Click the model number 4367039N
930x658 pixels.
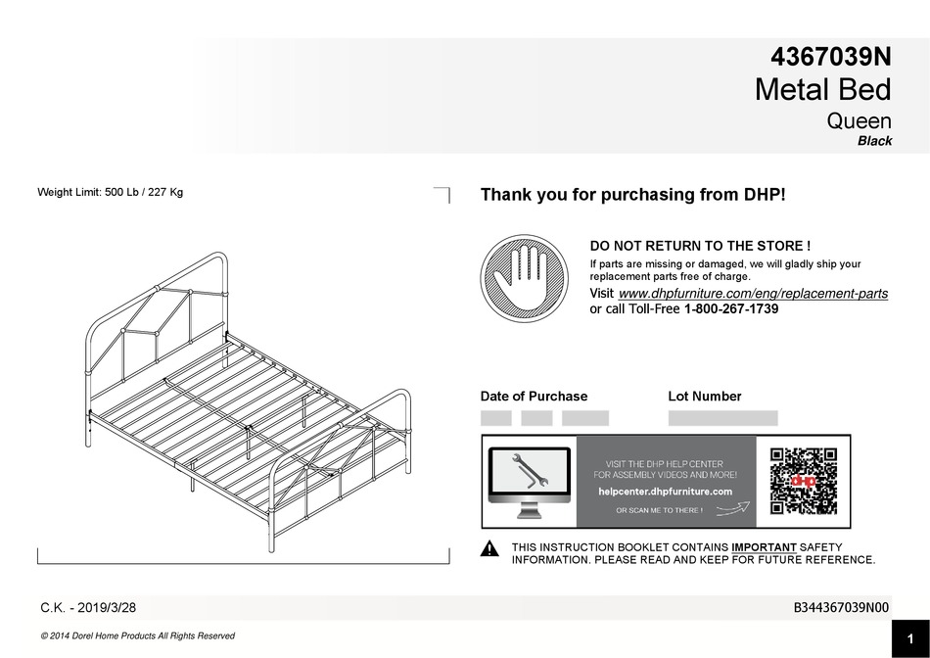click(831, 57)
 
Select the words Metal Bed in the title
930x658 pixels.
click(823, 89)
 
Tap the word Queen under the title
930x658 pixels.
click(860, 121)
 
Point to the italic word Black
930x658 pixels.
click(875, 141)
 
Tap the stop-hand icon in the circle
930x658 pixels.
click(524, 278)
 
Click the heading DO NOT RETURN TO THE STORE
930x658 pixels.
click(700, 246)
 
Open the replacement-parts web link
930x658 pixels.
click(753, 294)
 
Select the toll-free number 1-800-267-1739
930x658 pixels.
click(731, 309)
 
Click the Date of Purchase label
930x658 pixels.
click(534, 397)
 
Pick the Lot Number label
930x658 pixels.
click(705, 397)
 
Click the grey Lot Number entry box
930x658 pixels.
click(723, 418)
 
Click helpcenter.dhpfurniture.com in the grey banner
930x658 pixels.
click(665, 492)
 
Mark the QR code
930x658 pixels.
click(804, 481)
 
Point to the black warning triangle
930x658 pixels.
click(489, 548)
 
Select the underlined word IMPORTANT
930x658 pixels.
click(764, 547)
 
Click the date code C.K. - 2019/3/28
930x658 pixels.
click(88, 608)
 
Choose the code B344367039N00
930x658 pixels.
click(841, 608)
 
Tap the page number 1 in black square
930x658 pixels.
click(910, 639)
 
